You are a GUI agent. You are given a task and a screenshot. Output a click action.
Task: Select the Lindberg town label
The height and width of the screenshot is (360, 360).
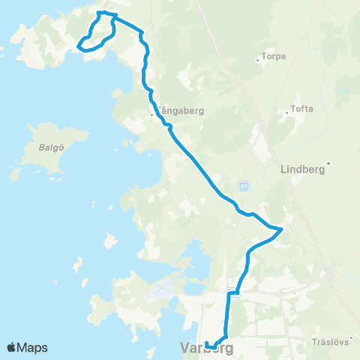301,169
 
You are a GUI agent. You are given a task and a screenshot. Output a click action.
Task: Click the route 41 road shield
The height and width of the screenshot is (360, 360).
244,185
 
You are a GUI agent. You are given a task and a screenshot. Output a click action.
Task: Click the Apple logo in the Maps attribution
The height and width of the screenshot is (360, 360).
12,347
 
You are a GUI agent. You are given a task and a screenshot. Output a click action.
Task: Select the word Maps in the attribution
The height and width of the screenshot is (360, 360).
33,347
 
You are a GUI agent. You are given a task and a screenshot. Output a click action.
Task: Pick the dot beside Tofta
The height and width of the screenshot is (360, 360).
286,113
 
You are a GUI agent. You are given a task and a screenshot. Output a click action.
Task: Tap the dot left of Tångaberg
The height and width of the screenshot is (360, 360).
152,115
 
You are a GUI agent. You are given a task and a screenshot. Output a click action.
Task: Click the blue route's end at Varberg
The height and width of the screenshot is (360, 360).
206,344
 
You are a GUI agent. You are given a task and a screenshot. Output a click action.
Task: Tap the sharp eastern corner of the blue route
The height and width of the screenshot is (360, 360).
282,228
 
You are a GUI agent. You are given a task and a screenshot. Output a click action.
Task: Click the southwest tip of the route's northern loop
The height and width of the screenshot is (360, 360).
78,46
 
